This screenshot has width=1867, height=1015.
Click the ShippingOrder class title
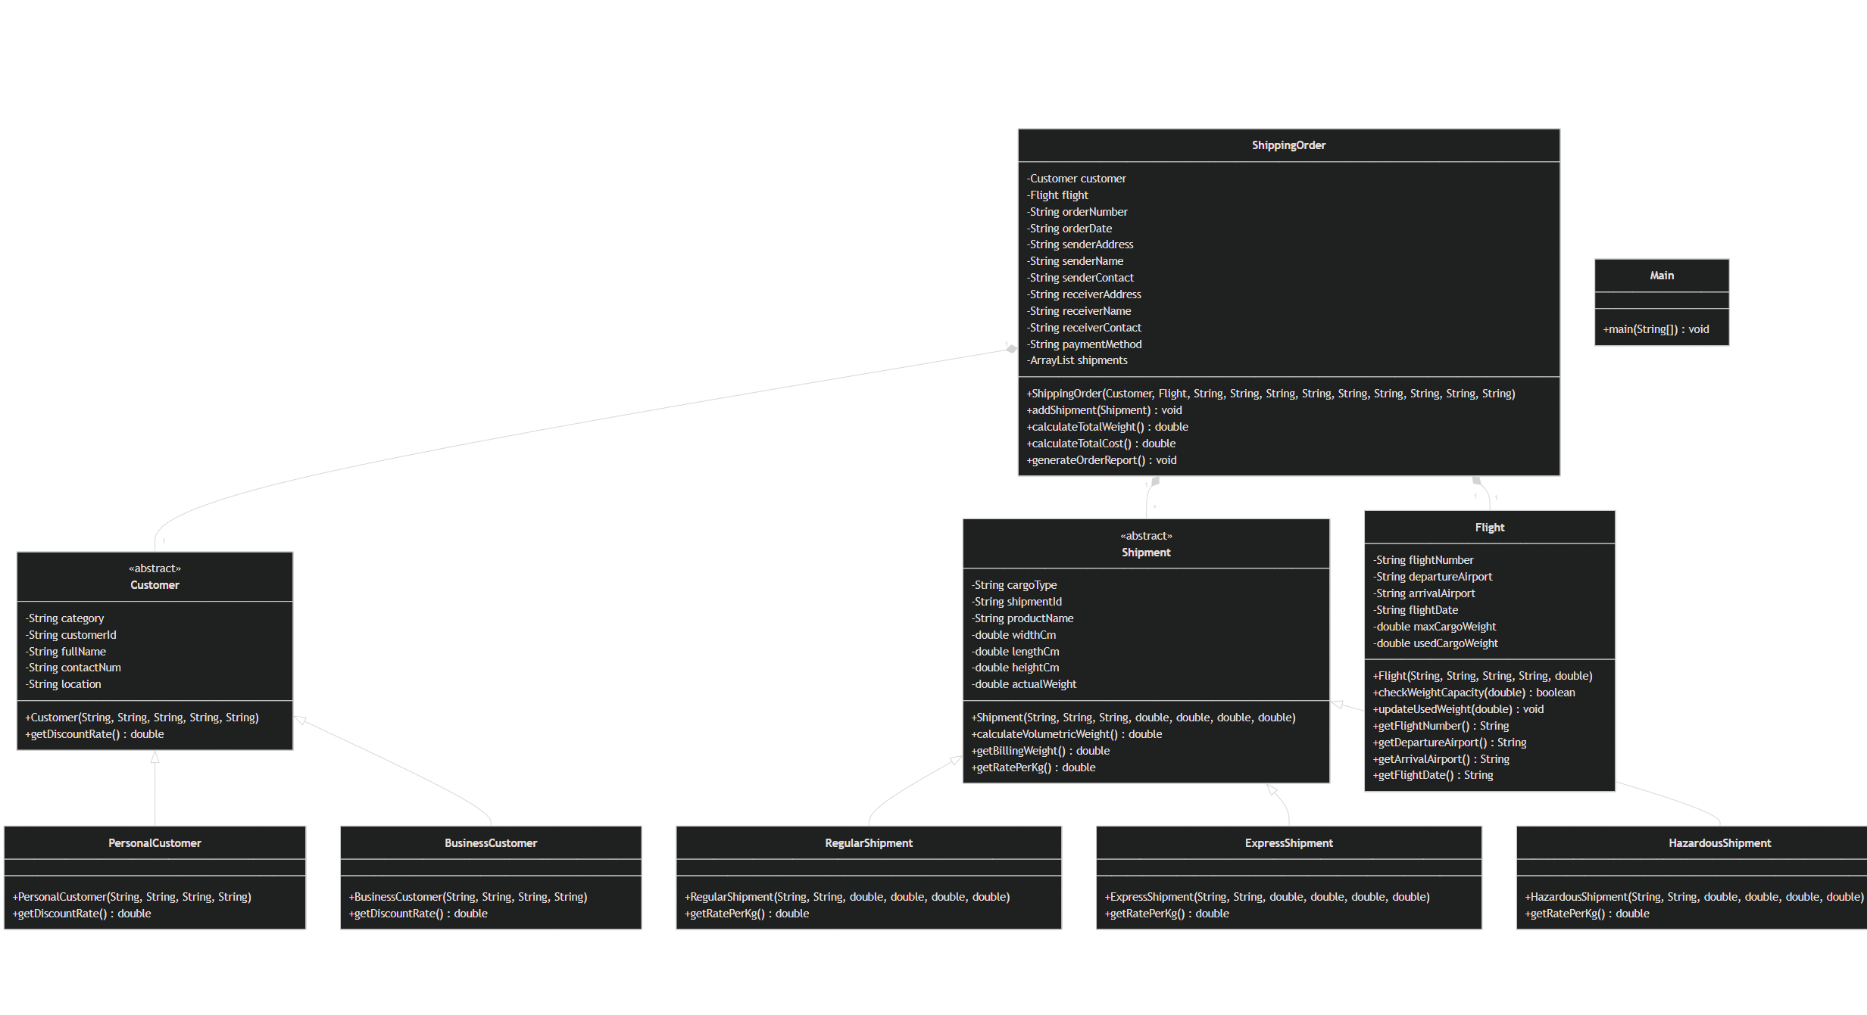[1288, 145]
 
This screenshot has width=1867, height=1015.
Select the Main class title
[1662, 276]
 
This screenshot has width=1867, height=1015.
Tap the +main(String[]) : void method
[1656, 329]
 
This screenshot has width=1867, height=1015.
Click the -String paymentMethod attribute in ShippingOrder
[1085, 344]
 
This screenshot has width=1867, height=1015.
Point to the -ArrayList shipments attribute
[1077, 360]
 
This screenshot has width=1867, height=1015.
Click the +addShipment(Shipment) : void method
[1104, 410]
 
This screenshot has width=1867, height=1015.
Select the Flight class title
[1489, 528]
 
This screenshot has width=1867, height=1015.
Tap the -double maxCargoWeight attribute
[1434, 627]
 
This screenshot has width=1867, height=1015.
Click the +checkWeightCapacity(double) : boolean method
[1473, 693]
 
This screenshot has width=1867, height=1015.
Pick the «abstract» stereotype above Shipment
[1146, 536]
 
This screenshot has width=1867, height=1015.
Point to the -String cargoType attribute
[1014, 585]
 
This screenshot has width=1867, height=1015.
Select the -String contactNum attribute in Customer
[73, 668]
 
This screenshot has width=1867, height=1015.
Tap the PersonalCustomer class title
[155, 843]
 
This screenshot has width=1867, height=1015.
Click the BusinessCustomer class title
[491, 843]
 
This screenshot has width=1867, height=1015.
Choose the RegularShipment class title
[869, 843]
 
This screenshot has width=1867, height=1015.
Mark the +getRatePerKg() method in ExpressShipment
[1166, 914]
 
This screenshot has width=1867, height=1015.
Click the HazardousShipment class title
[1719, 843]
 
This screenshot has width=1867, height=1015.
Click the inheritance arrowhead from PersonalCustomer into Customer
[155, 757]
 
